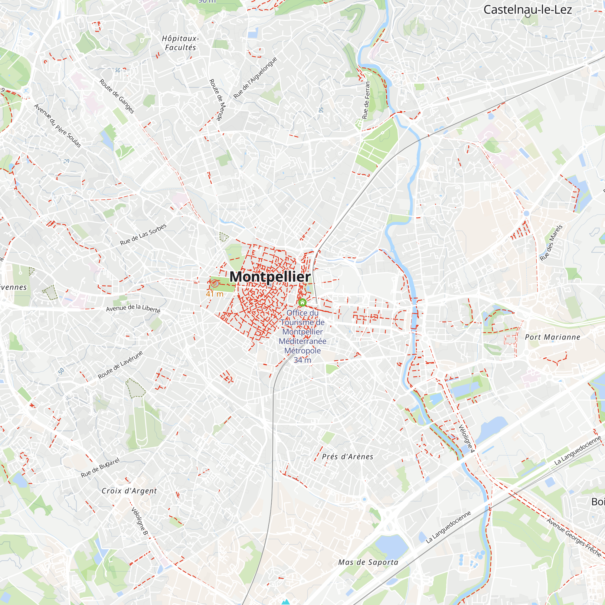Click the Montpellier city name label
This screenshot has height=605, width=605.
pos(270,277)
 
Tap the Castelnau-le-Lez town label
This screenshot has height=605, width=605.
pos(527,10)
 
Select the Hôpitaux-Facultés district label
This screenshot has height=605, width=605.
pos(180,43)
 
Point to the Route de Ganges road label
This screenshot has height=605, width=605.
pos(117,96)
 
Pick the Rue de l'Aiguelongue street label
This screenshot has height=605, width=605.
pos(255,78)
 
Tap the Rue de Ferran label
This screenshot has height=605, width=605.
pos(366,100)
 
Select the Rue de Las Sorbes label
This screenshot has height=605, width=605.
pos(143,234)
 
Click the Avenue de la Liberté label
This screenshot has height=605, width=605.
pos(133,308)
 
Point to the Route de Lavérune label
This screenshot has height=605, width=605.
pos(120,365)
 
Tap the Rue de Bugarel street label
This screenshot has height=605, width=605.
pos(100,468)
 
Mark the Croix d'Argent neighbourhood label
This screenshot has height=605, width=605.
pos(129,491)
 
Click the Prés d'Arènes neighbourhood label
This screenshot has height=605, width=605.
pos(348,457)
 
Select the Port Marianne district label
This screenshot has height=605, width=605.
pos(552,337)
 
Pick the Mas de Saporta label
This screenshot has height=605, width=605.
pos(368,562)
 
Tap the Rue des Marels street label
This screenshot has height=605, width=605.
pos(551,243)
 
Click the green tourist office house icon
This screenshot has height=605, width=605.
pos(302,302)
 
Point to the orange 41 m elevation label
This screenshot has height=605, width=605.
pos(214,294)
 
